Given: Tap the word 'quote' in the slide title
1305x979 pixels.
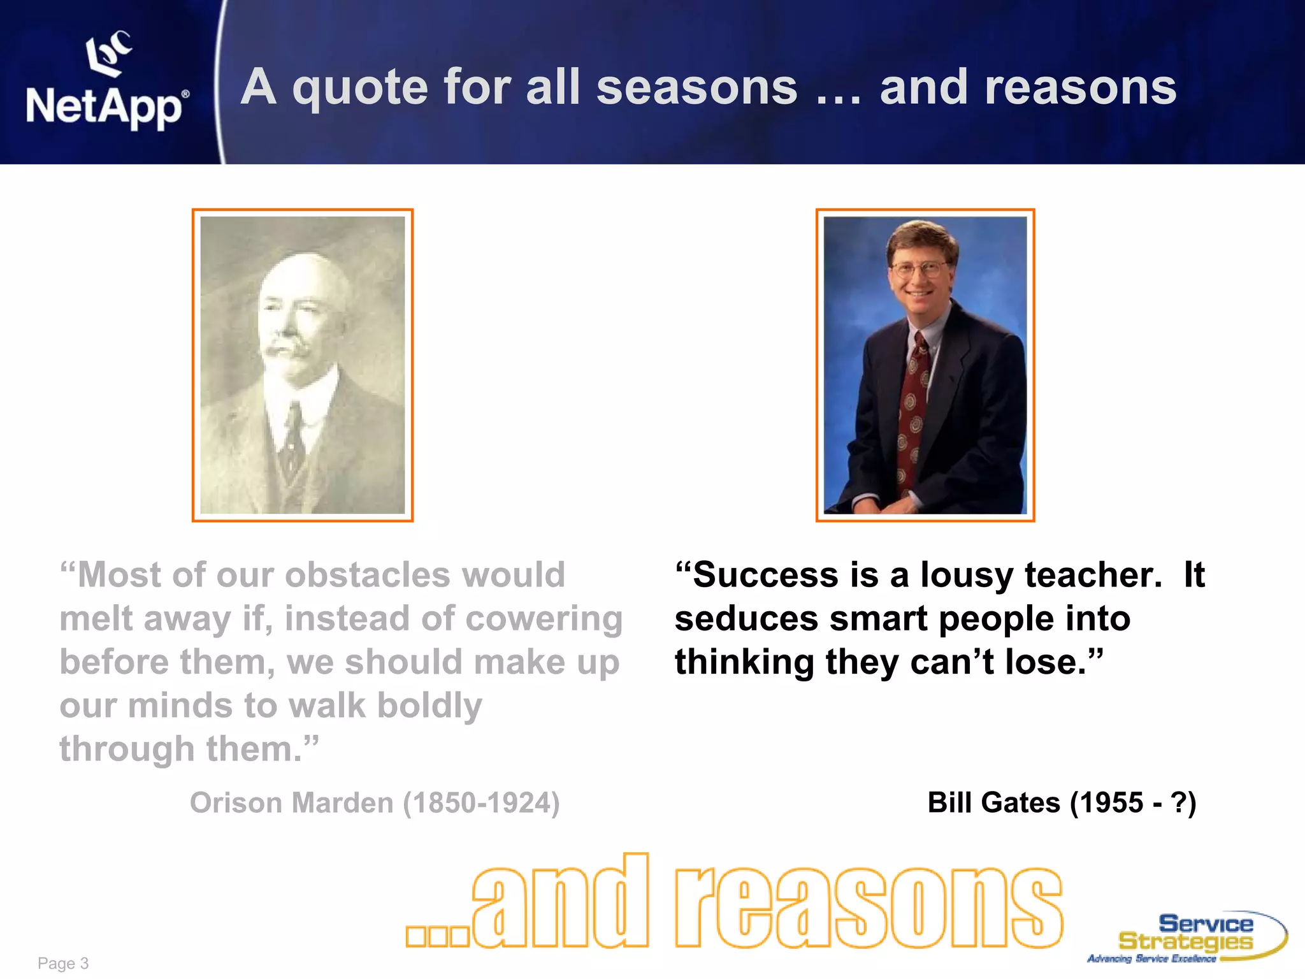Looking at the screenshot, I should tap(360, 88).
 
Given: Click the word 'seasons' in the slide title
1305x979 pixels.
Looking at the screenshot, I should tap(696, 88).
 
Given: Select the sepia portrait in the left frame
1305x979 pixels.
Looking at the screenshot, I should tap(303, 365).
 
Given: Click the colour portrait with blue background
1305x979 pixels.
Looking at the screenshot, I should tap(925, 365).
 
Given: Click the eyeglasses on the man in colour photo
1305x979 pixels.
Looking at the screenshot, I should tap(919, 270).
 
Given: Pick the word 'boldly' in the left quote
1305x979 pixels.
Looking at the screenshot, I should tap(429, 706).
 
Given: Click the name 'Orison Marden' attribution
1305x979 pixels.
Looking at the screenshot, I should tap(291, 802).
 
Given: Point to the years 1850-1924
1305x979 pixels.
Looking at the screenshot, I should tap(481, 802).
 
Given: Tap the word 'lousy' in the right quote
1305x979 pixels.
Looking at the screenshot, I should tap(966, 575).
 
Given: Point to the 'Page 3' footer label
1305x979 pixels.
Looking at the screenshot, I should tap(63, 963).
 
